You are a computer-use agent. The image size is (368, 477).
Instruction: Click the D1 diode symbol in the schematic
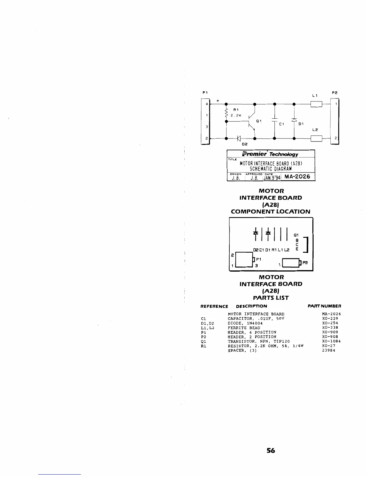point(294,120)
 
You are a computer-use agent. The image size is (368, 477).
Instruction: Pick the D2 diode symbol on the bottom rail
point(239,139)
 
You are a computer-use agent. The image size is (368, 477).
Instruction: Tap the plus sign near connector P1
point(217,100)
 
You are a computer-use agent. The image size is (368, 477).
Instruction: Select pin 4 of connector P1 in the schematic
point(207,104)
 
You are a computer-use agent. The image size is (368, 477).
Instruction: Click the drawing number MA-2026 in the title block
point(297,176)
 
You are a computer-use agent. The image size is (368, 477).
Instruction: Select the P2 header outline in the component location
point(290,263)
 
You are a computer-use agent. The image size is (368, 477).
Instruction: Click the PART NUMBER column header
point(324,306)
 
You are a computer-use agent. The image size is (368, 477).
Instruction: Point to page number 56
point(271,451)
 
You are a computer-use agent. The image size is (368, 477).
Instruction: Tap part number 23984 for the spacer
point(329,351)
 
